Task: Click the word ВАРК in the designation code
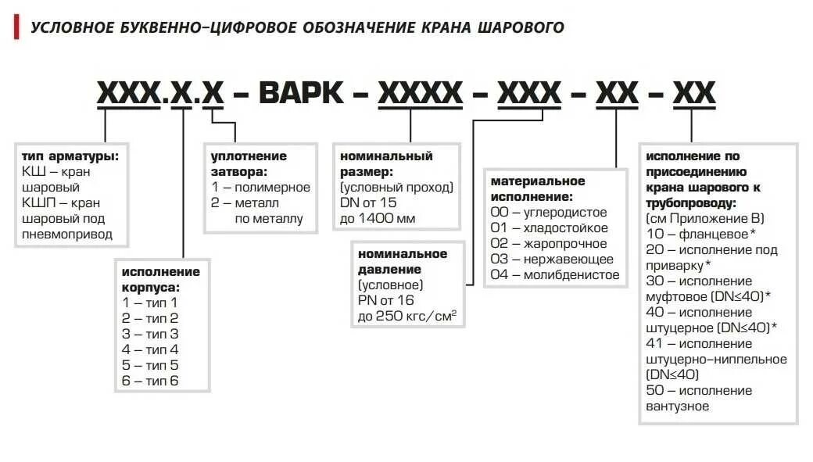pyautogui.click(x=301, y=94)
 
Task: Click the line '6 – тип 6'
pyautogui.click(x=150, y=381)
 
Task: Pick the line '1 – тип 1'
pyautogui.click(x=150, y=303)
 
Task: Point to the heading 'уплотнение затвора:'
pyautogui.click(x=249, y=163)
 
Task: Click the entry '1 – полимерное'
pyautogui.click(x=261, y=188)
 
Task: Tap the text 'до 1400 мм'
pyautogui.click(x=376, y=219)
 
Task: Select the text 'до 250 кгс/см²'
pyautogui.click(x=406, y=316)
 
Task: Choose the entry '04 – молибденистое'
pyautogui.click(x=554, y=274)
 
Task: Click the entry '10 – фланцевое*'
pyautogui.click(x=701, y=235)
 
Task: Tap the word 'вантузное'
pyautogui.click(x=678, y=406)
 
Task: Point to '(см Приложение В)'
pyautogui.click(x=705, y=219)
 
